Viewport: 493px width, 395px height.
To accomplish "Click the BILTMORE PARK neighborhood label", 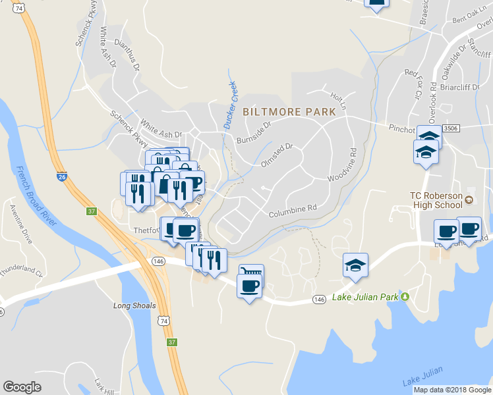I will tap(289, 112).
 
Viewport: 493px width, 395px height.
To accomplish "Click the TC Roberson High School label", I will tap(436, 200).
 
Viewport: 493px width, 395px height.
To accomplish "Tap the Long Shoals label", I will tap(134, 305).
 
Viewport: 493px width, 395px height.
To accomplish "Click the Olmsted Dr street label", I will tap(276, 155).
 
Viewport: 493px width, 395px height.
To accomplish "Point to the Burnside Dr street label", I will tap(254, 132).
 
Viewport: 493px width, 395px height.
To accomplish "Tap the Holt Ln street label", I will tap(338, 101).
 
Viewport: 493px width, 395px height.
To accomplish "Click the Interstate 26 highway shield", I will tap(61, 176).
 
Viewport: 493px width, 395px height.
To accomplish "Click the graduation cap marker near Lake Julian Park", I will tap(355, 265).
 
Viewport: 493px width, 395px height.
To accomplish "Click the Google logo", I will tap(22, 387).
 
